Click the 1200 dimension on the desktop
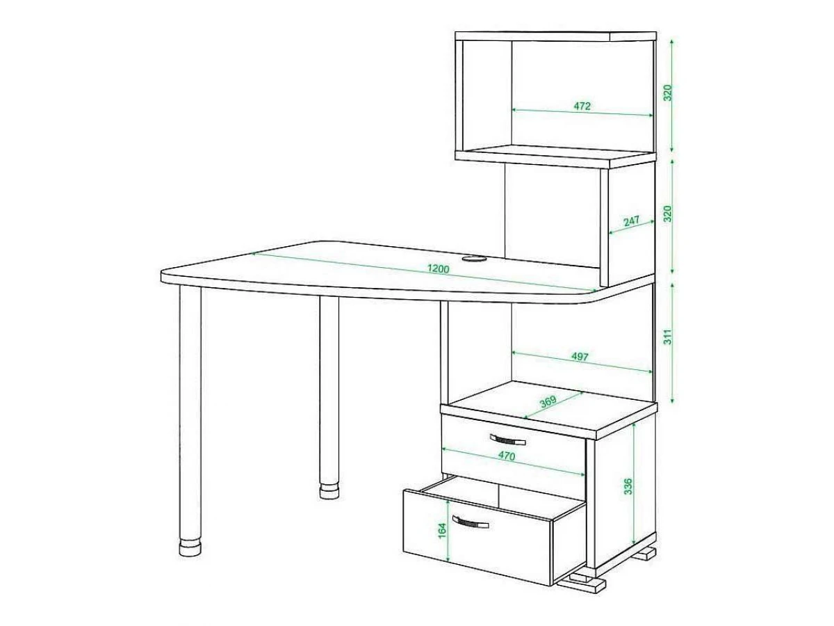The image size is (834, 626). (438, 268)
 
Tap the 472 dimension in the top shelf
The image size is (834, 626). (582, 106)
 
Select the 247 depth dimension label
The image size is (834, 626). (632, 220)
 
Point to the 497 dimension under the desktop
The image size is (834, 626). (580, 357)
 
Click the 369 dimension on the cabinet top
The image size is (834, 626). (548, 402)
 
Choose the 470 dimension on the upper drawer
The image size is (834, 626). (507, 456)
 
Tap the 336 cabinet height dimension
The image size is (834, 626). (628, 487)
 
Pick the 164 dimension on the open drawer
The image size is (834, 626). (442, 531)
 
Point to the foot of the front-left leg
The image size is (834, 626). (190, 547)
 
